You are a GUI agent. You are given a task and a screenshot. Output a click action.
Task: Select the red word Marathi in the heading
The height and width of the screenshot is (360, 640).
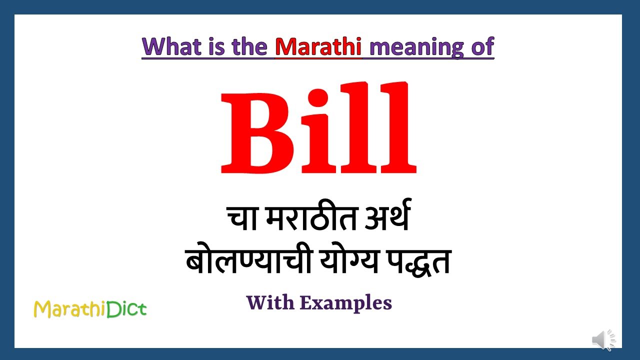(x=318, y=47)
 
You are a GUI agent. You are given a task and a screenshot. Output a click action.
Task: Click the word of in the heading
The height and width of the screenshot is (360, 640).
(x=482, y=47)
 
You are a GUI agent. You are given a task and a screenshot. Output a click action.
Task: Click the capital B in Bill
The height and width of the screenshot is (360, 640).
(x=257, y=131)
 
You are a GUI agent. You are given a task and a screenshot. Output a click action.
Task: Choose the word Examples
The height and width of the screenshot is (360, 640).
(x=346, y=303)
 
